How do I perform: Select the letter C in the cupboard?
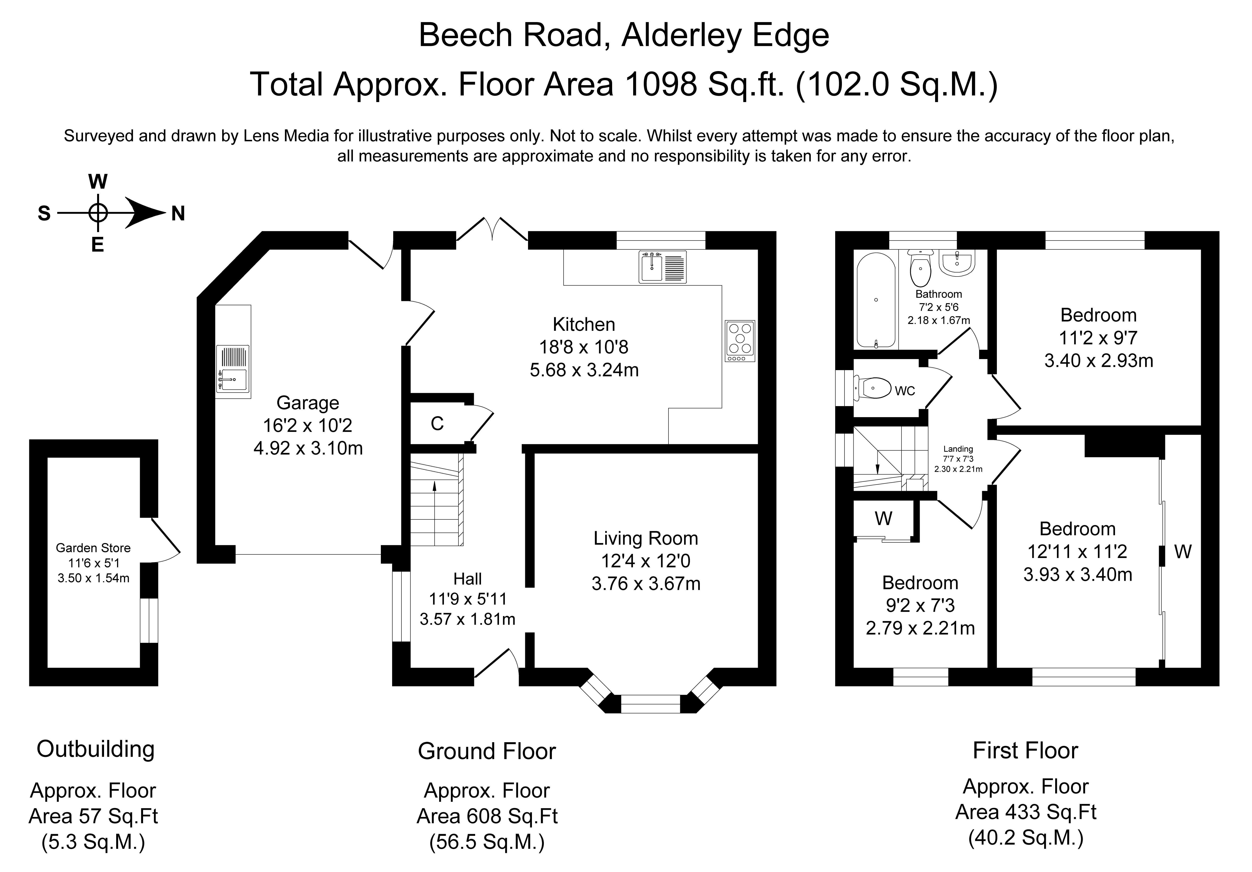(x=437, y=423)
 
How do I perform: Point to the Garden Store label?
(x=93, y=548)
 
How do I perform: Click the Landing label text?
(x=958, y=449)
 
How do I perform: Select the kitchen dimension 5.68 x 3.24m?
(x=584, y=370)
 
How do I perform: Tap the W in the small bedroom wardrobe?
(x=883, y=518)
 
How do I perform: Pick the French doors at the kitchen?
(x=492, y=230)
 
